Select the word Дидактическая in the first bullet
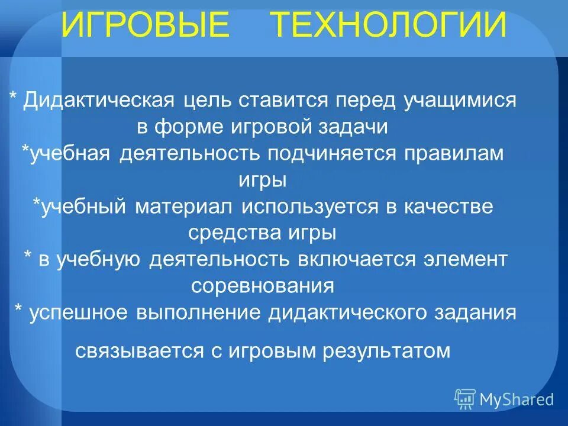tap(99, 101)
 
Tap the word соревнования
tap(263, 286)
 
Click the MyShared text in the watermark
tap(517, 399)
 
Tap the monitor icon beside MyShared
tap(465, 399)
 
